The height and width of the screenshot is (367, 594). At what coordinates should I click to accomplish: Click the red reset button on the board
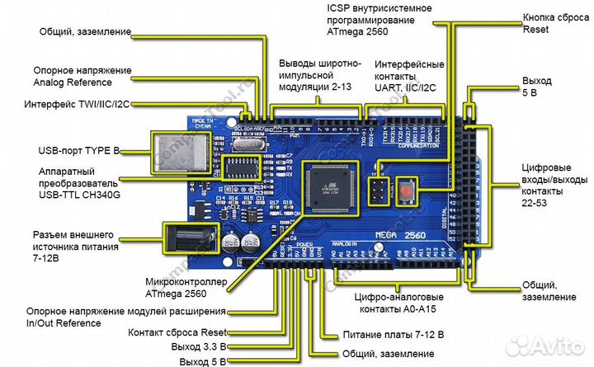coord(407,192)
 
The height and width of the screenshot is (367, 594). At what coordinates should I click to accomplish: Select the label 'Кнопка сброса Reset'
coord(552,22)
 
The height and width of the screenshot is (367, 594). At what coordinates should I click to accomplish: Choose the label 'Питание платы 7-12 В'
coord(392,336)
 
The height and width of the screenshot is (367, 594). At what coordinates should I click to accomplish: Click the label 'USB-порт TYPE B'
coord(79,151)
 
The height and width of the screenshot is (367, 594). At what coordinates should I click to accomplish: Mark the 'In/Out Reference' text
coord(63,323)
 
